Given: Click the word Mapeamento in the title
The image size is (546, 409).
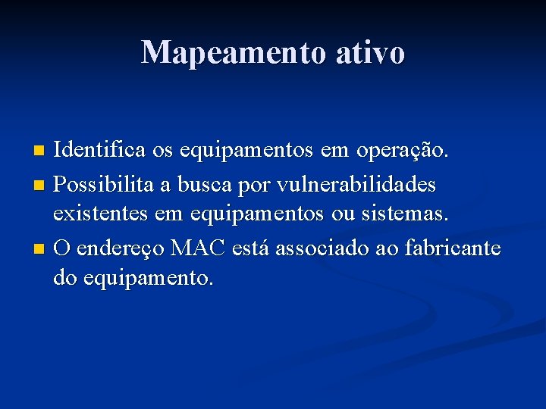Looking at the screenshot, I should tap(231, 52).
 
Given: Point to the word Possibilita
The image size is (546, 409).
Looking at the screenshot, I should tap(101, 183).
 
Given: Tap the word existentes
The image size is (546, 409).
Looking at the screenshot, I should tap(100, 214).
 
